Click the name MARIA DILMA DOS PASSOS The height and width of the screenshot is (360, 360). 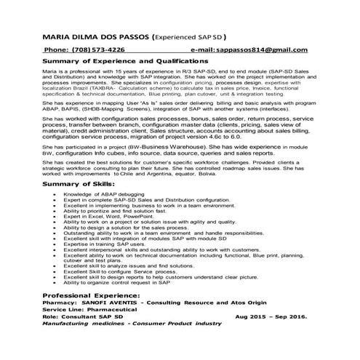tap(95, 36)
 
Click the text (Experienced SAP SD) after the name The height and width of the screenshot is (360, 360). tap(189, 36)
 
